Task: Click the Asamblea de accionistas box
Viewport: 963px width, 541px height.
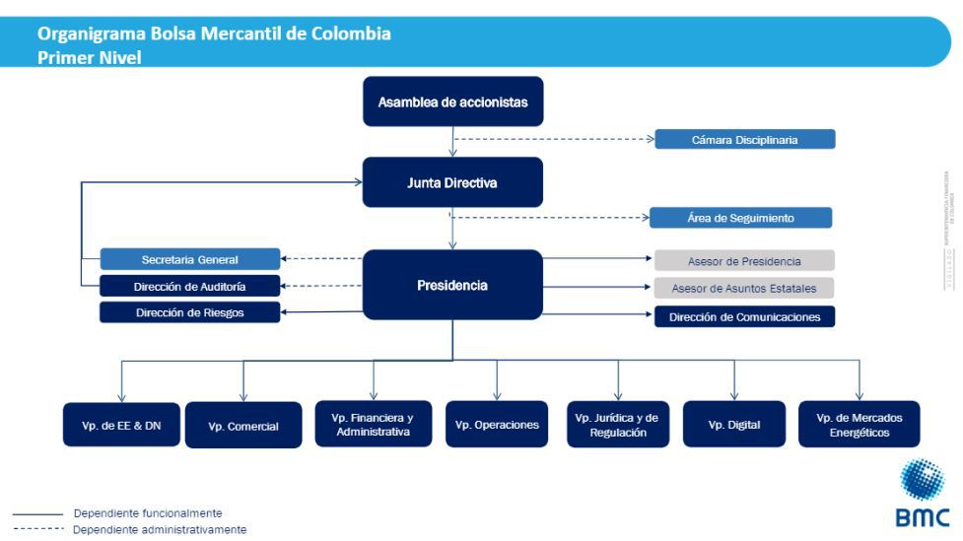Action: point(452,101)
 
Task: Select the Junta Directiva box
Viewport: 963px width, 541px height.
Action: point(452,182)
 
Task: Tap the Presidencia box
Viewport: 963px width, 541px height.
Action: point(452,285)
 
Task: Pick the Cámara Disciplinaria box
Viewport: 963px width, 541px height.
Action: point(745,140)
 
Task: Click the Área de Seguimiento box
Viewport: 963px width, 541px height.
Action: point(740,218)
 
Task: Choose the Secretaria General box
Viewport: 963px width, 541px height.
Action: point(190,260)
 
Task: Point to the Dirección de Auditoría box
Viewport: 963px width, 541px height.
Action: point(190,287)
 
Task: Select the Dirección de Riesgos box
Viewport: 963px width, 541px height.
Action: point(190,312)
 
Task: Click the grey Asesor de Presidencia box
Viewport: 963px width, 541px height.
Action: point(744,261)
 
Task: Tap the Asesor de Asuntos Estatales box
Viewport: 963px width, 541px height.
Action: point(744,288)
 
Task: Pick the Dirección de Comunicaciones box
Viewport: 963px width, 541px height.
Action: point(744,317)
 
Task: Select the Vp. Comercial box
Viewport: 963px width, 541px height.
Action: point(243,426)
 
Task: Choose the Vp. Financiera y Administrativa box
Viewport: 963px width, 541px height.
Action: point(374,425)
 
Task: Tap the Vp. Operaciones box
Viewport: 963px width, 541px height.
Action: point(497,425)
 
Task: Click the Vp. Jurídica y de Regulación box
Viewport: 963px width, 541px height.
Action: point(618,425)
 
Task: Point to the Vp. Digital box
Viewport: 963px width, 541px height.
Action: point(734,425)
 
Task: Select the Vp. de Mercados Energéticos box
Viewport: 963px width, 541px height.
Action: point(859,425)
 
